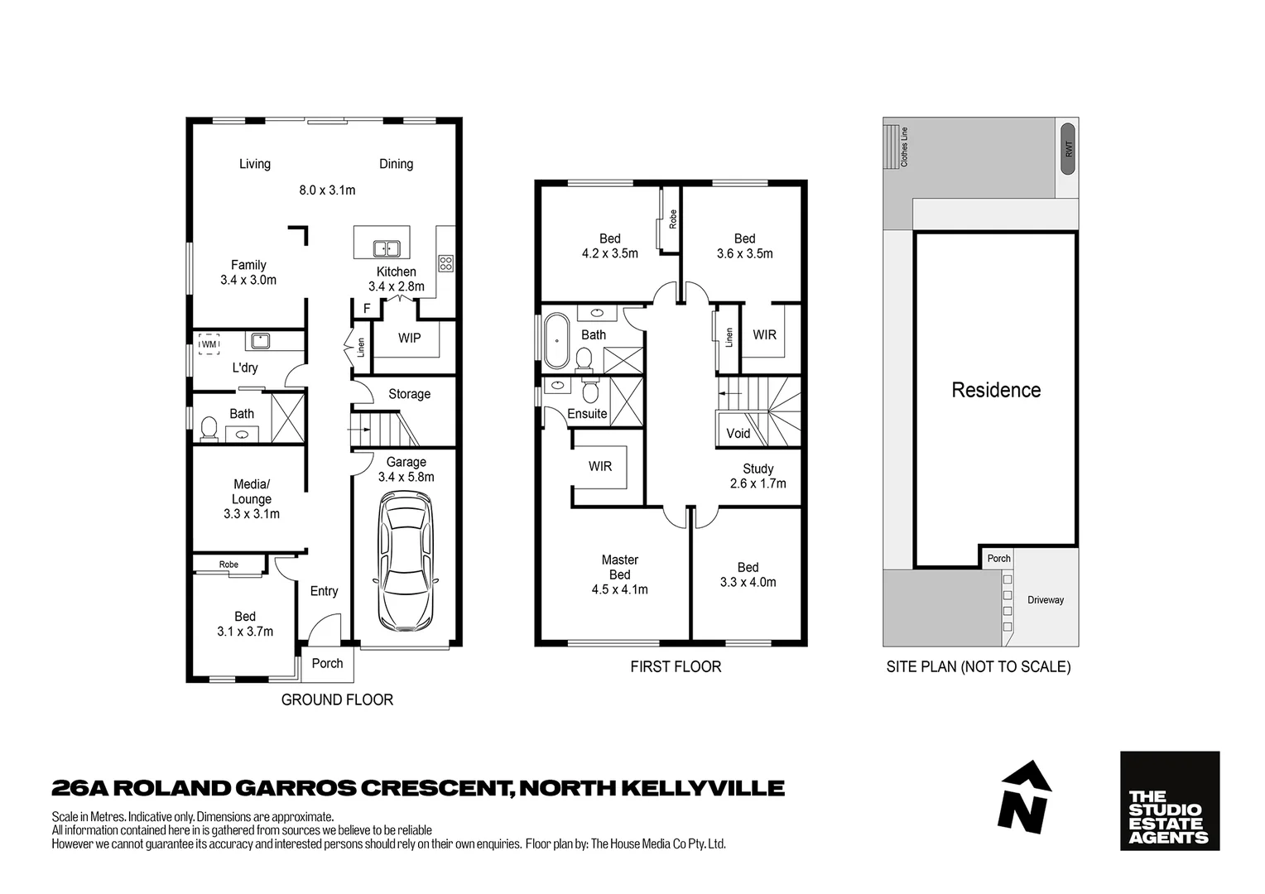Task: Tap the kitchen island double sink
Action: (x=386, y=248)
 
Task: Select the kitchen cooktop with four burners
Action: (x=446, y=264)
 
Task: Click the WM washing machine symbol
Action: (x=209, y=344)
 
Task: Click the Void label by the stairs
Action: (x=738, y=433)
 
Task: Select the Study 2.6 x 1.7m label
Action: (x=758, y=476)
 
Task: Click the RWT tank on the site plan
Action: (x=1068, y=149)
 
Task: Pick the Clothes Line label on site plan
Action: (x=904, y=147)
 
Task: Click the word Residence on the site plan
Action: (x=996, y=390)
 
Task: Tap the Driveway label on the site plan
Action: (x=1046, y=600)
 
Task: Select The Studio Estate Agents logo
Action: (x=1169, y=800)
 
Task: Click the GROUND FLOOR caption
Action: (x=337, y=699)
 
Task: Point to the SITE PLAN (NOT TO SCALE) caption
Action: (x=978, y=666)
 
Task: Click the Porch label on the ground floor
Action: (x=327, y=663)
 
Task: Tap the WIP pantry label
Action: (x=409, y=338)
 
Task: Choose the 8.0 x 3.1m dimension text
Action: (x=327, y=190)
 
